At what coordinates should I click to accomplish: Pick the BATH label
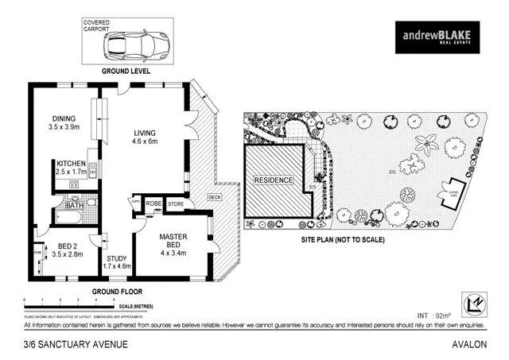[74, 205]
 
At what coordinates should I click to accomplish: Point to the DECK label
[214, 197]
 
